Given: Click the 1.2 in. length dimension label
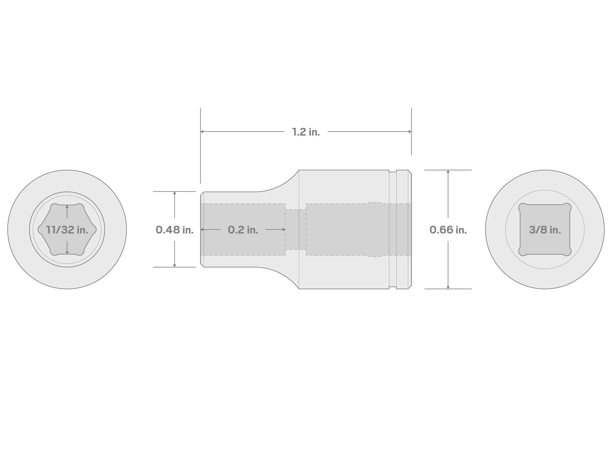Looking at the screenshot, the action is point(306,132).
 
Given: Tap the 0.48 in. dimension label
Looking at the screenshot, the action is point(174,230).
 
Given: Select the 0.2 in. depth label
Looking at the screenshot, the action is point(243,230).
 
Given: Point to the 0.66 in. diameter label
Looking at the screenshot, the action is point(448,230).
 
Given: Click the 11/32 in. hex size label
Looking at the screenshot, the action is point(67,230).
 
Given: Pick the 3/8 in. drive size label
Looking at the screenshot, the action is point(545,230).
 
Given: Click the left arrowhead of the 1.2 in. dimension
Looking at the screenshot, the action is point(202,132).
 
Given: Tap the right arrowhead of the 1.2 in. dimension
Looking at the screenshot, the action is point(410,132).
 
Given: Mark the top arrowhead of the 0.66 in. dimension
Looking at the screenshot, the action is point(448,172).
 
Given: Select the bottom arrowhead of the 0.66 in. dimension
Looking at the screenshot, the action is point(448,287).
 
